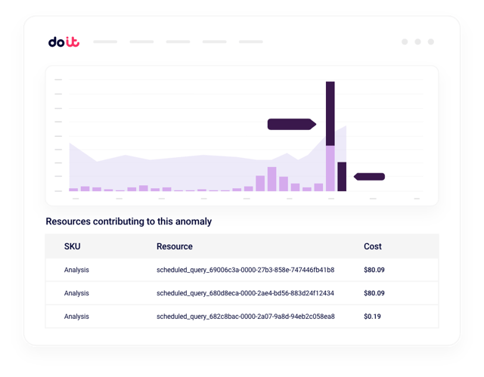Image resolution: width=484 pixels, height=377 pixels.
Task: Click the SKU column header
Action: point(72,246)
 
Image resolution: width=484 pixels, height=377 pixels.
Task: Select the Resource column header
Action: point(175,246)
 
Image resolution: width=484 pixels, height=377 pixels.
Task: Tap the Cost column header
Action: point(373,246)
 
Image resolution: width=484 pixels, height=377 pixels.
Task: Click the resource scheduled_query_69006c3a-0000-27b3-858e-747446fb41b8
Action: point(245,270)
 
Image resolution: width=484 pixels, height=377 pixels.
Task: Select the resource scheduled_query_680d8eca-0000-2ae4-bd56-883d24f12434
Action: point(245,293)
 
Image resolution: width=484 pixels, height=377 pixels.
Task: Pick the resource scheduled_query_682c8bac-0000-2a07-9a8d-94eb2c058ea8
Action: point(245,316)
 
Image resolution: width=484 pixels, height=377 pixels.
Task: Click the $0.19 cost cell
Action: point(371,316)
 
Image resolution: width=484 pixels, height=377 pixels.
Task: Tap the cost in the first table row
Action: point(373,270)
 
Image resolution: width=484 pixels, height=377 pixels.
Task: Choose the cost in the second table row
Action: point(373,293)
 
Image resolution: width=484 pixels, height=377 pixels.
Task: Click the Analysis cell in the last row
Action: point(76,316)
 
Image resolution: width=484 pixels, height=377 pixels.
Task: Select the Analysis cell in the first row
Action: point(76,270)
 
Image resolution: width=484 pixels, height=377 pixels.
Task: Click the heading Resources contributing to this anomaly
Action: point(129,222)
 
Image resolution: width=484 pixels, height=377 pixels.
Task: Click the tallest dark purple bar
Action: point(330,113)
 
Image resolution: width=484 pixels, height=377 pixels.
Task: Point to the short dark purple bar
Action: point(342,177)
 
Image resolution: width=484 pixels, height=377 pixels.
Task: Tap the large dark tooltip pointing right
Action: point(290,124)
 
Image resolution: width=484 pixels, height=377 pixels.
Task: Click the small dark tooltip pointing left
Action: point(371,177)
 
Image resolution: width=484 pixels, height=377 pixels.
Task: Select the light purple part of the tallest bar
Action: point(330,168)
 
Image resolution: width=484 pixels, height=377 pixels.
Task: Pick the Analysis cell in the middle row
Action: point(76,293)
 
